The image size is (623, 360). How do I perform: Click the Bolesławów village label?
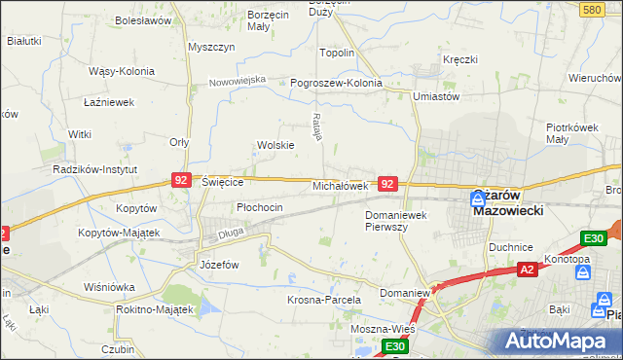[143, 19]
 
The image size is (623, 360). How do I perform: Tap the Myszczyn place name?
[212, 47]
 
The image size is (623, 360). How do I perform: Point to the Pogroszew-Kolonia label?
[337, 84]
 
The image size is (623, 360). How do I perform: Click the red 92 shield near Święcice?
[181, 180]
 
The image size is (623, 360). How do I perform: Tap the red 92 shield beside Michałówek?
[387, 183]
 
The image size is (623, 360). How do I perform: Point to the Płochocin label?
[260, 207]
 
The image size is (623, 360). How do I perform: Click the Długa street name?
[230, 233]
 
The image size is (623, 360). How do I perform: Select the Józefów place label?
[219, 265]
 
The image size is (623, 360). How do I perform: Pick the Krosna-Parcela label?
[324, 300]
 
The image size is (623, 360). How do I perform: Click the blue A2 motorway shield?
[527, 269]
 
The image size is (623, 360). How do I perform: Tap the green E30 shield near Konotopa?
[593, 239]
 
